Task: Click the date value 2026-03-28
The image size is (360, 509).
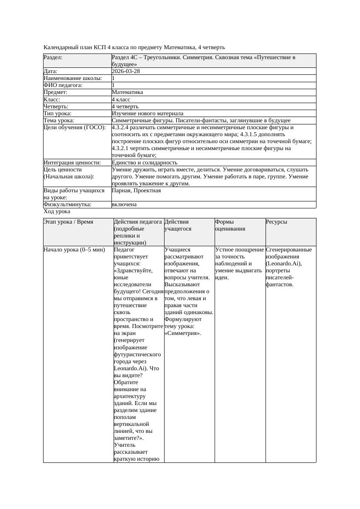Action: point(126,71)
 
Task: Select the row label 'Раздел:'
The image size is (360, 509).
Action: point(53,57)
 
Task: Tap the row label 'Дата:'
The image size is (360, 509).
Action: point(50,71)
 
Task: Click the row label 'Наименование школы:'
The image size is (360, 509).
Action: point(73,78)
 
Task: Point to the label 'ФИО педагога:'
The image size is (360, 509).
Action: point(63,85)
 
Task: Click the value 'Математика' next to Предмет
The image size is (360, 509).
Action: point(127,92)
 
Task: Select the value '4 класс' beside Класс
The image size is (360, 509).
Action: point(121,99)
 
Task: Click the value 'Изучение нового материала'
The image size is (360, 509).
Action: point(148,113)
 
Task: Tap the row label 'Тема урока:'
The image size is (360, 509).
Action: point(59,120)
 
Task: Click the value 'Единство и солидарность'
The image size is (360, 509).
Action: point(145,162)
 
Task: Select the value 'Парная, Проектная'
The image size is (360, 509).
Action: point(136,191)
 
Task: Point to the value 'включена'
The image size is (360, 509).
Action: point(124,204)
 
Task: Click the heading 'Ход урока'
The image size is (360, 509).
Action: point(57,211)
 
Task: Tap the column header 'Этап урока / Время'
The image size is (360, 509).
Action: point(68,222)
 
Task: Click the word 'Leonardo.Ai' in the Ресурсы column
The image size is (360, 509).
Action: point(283,264)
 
